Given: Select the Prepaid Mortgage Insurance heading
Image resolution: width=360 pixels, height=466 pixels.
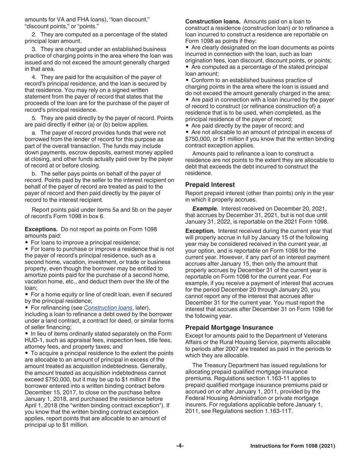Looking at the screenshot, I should point(229,327).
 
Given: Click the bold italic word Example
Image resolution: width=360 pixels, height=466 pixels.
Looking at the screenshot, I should point(205,208).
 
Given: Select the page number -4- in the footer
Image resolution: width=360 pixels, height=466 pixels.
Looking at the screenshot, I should point(180,446).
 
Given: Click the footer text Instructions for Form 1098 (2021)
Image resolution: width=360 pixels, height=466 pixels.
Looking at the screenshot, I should point(293,446).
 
